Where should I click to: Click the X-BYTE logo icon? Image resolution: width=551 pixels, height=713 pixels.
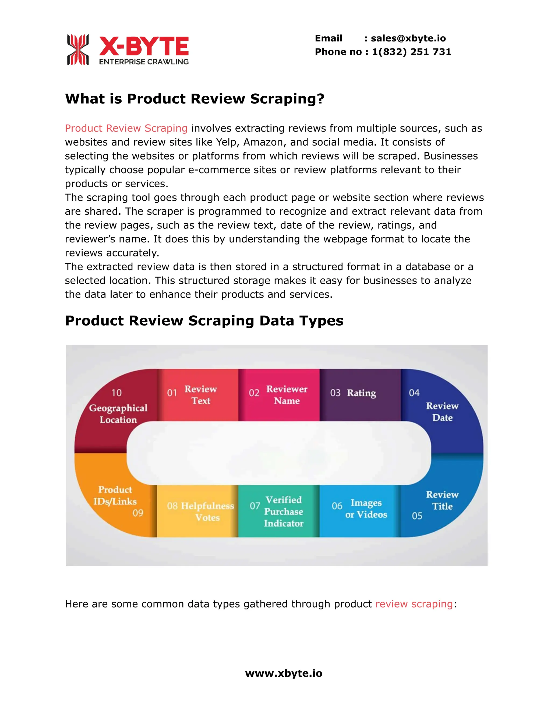pyautogui.click(x=78, y=49)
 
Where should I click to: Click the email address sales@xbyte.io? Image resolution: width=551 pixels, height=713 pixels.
pyautogui.click(x=408, y=38)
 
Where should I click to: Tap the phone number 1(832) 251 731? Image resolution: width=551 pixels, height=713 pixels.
pyautogui.click(x=411, y=52)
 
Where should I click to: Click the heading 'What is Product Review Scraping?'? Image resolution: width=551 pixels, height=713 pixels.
pyautogui.click(x=195, y=98)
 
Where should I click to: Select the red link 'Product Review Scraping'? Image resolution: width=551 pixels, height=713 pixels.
pyautogui.click(x=126, y=128)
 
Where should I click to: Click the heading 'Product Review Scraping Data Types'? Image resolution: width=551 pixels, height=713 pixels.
pyautogui.click(x=204, y=321)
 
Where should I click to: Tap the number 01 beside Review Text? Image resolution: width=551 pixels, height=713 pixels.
pyautogui.click(x=172, y=393)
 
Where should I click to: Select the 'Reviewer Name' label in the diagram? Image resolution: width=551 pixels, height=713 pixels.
pyautogui.click(x=287, y=395)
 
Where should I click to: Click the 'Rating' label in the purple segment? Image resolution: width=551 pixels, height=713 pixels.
pyautogui.click(x=361, y=393)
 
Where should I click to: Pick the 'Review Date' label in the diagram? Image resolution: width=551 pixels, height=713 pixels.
pyautogui.click(x=442, y=412)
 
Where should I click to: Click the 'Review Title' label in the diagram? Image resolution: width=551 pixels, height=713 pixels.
pyautogui.click(x=442, y=500)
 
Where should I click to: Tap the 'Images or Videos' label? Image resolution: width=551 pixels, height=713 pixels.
pyautogui.click(x=366, y=509)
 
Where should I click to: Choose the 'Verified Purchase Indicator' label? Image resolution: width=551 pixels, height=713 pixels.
pyautogui.click(x=284, y=511)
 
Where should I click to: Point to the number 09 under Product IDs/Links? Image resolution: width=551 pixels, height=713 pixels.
pyautogui.click(x=138, y=513)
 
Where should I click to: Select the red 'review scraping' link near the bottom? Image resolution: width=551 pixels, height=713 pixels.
pyautogui.click(x=414, y=604)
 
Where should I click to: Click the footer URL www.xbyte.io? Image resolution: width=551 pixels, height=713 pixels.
pyautogui.click(x=283, y=673)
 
